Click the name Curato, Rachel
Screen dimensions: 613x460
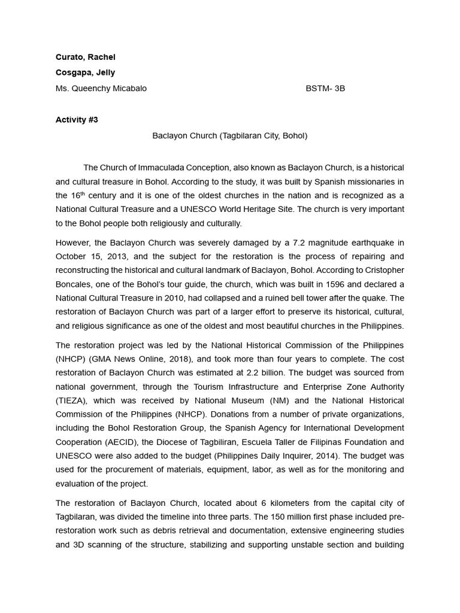(x=85, y=57)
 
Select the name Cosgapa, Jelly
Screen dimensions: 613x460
(x=85, y=72)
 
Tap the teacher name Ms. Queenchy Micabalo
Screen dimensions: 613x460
(x=101, y=88)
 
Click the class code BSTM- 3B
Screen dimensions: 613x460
(x=325, y=88)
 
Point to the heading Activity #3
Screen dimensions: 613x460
(x=77, y=120)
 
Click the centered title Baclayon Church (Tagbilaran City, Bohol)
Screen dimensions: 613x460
(x=229, y=135)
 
